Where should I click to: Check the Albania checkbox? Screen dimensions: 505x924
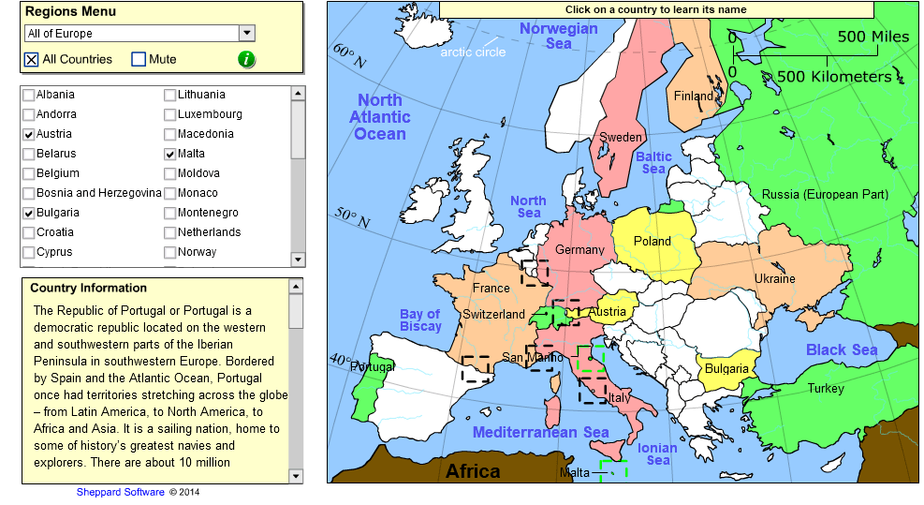29,95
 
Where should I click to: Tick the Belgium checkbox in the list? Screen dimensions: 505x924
29,173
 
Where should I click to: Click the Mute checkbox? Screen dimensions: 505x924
139,59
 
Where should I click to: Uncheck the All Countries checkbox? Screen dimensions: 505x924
32,59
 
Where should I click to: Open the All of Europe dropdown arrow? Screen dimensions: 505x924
247,33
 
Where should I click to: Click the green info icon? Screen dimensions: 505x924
246,59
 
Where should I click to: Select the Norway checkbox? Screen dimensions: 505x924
170,252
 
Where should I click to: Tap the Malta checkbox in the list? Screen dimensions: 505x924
170,154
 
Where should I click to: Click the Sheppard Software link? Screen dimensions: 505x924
121,492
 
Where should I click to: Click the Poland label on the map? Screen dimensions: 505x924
653,241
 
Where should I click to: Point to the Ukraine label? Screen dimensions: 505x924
774,278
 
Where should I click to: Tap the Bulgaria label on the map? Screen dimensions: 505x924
726,368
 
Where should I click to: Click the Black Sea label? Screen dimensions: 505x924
842,349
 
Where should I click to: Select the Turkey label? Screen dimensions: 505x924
826,388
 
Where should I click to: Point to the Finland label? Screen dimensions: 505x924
693,96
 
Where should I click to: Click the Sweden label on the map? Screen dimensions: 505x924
621,138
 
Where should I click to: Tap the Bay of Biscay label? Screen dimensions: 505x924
420,320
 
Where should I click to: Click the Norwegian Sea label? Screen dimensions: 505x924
558,36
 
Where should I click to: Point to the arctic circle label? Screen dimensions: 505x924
473,52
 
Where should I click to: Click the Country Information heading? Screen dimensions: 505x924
89,288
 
